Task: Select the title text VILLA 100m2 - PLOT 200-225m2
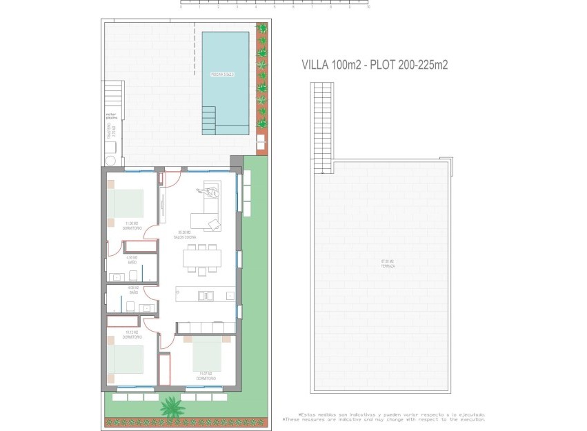[375, 65]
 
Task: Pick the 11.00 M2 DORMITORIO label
[131, 225]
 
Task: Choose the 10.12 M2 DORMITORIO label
[131, 334]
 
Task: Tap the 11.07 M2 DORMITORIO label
[206, 377]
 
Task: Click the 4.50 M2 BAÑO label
[132, 260]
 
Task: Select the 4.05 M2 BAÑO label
[132, 290]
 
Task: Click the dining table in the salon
[202, 258]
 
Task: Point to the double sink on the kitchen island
[206, 296]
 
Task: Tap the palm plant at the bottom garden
[170, 408]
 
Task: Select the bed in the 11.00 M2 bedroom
[127, 204]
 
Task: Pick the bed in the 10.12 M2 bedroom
[125, 360]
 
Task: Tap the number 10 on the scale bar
[368, 8]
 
